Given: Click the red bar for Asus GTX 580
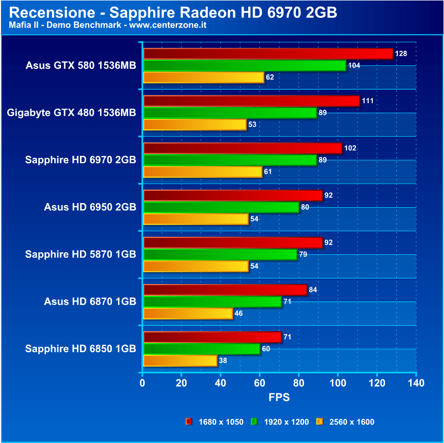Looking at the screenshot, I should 268,54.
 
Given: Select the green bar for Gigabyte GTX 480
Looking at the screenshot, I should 230,113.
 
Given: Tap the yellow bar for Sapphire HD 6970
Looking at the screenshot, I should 203,172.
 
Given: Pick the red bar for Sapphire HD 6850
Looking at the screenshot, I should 212,337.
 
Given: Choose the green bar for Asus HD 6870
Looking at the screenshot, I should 212,302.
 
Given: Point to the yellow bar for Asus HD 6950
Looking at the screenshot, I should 196,219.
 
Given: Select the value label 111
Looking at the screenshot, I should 368,101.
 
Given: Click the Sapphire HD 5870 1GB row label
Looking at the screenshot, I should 80,254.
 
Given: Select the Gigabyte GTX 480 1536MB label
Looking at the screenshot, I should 72,113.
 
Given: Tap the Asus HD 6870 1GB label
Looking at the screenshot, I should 90,301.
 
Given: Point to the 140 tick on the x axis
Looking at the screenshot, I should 416,383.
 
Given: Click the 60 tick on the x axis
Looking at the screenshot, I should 259,383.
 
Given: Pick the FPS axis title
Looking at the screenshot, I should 279,397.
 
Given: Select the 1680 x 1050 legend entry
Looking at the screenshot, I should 215,422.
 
